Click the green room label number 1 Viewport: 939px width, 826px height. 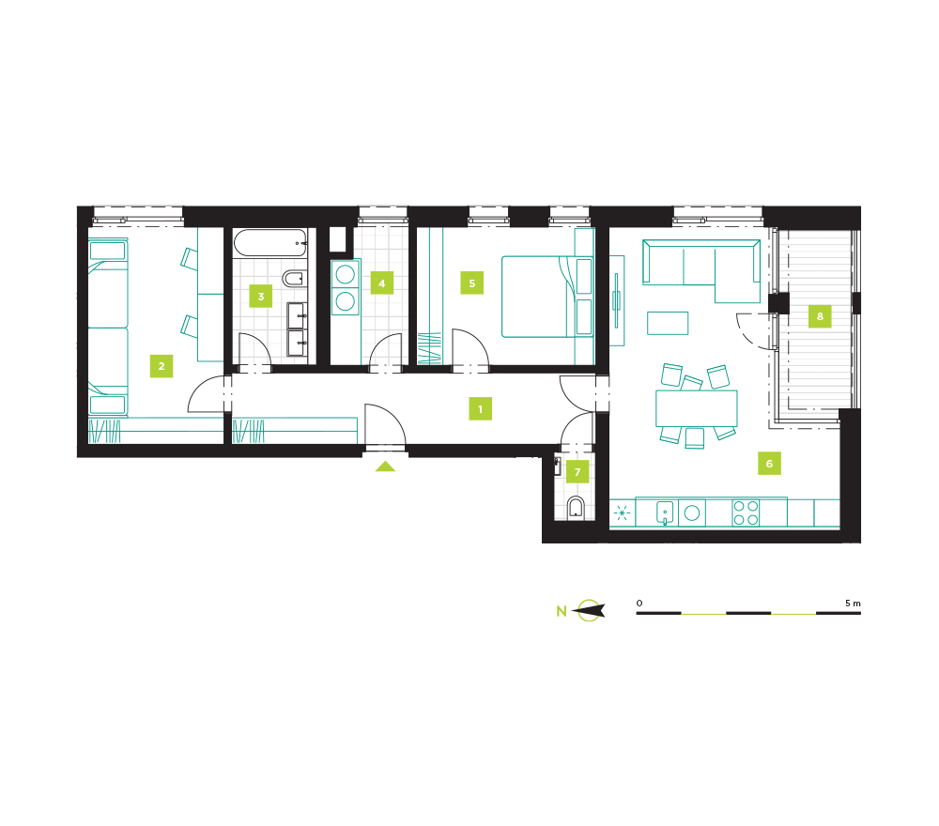(x=480, y=409)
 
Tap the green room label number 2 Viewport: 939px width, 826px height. (x=162, y=366)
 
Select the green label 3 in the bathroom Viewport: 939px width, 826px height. (x=260, y=296)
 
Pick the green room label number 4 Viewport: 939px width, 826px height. (x=382, y=283)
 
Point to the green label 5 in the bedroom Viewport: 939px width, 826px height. (x=472, y=283)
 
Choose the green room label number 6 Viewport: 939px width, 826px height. (x=770, y=464)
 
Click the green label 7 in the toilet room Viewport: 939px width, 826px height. (x=577, y=471)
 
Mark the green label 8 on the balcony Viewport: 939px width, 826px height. (x=820, y=316)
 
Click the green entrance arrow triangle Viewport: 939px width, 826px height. (x=385, y=467)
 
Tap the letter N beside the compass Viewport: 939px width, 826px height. (x=562, y=611)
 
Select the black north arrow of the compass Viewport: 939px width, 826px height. (x=589, y=610)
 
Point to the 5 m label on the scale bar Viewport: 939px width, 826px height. (x=853, y=603)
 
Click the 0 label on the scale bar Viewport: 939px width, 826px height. (x=639, y=603)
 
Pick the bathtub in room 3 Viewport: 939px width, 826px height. (x=270, y=243)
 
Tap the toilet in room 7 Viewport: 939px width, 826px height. (x=577, y=508)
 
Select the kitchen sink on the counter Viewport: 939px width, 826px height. (x=666, y=512)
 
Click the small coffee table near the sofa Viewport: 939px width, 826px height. (x=668, y=323)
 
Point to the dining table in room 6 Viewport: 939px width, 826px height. (x=697, y=408)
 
